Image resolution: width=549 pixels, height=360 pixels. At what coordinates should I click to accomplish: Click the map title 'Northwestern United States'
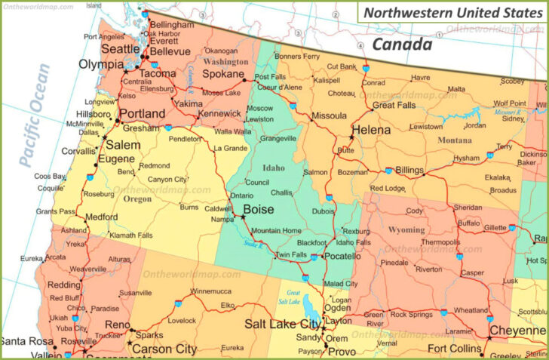(452, 13)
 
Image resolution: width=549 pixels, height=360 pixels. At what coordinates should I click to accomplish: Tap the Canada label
(403, 45)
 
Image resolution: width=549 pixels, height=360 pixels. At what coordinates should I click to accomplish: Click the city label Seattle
(120, 48)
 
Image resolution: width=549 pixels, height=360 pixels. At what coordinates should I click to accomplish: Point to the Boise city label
(258, 210)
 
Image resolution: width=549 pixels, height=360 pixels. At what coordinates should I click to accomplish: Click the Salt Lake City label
(282, 324)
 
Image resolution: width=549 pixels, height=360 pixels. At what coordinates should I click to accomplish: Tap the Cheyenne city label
(518, 330)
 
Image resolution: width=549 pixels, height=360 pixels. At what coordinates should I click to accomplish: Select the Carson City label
(165, 349)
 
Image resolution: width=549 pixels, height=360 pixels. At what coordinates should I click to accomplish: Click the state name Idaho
(273, 168)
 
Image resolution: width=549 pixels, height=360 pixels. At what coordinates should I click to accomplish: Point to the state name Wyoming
(406, 229)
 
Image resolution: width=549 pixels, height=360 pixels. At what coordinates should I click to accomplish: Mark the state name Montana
(454, 140)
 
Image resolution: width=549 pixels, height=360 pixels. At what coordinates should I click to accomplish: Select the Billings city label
(409, 171)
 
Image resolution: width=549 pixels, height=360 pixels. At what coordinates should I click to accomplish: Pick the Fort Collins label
(454, 348)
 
